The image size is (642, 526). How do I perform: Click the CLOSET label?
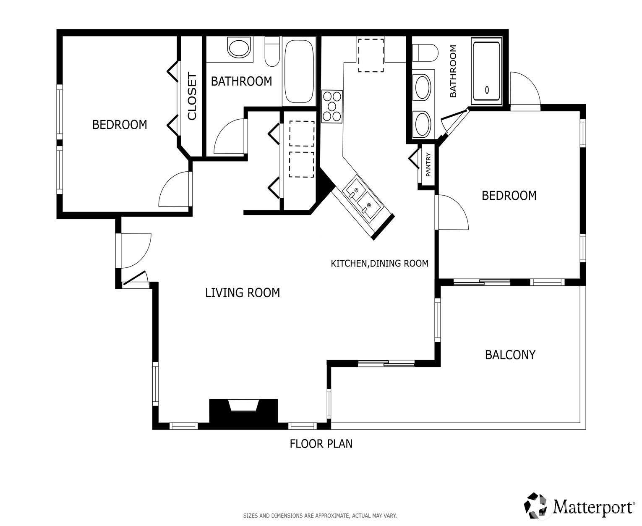pyautogui.click(x=192, y=96)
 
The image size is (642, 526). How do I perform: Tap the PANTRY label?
pyautogui.click(x=428, y=165)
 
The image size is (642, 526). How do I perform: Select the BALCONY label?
pyautogui.click(x=510, y=355)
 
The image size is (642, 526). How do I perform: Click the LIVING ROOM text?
pyautogui.click(x=242, y=293)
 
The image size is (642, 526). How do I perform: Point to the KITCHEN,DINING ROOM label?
pyautogui.click(x=379, y=264)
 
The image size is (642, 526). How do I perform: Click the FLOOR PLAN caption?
pyautogui.click(x=321, y=444)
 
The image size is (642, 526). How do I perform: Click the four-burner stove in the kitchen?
pyautogui.click(x=332, y=107)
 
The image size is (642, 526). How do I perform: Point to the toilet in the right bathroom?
pyautogui.click(x=425, y=53)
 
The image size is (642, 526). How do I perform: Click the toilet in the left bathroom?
pyautogui.click(x=272, y=52)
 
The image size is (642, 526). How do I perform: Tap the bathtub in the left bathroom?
pyautogui.click(x=299, y=71)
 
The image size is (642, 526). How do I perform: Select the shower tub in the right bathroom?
pyautogui.click(x=486, y=71)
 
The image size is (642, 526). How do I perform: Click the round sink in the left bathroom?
pyautogui.click(x=239, y=48)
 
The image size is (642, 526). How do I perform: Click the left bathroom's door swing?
pyautogui.click(x=230, y=136)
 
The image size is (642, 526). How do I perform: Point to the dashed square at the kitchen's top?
pyautogui.click(x=371, y=55)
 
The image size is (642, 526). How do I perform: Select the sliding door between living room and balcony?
pyautogui.click(x=386, y=363)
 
